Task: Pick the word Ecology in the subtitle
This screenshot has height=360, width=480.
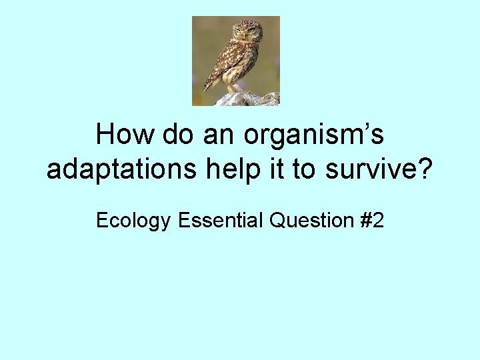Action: [133, 221]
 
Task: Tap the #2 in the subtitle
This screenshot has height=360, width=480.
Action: [371, 220]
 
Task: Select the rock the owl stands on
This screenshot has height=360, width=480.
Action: [248, 99]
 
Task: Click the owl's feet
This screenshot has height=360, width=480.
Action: [234, 89]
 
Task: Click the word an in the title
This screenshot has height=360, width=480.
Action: [220, 135]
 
